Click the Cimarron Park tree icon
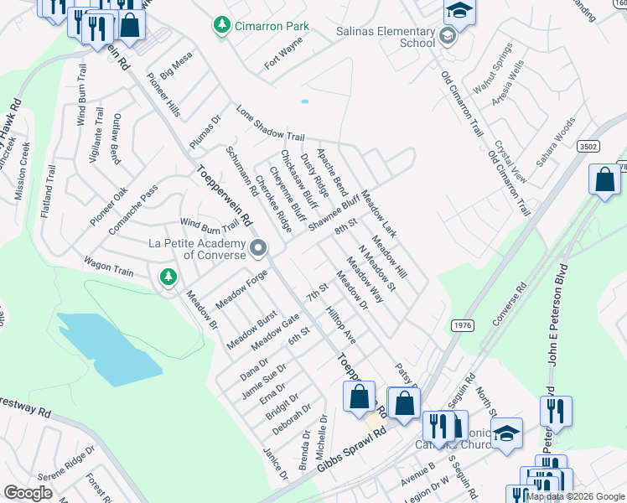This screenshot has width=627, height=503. pos(221,26)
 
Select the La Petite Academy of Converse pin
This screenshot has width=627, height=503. pos(258,248)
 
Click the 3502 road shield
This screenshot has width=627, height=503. pos(588,146)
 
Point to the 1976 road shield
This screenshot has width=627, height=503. pos(462,324)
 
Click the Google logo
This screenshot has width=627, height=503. pos(28,493)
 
